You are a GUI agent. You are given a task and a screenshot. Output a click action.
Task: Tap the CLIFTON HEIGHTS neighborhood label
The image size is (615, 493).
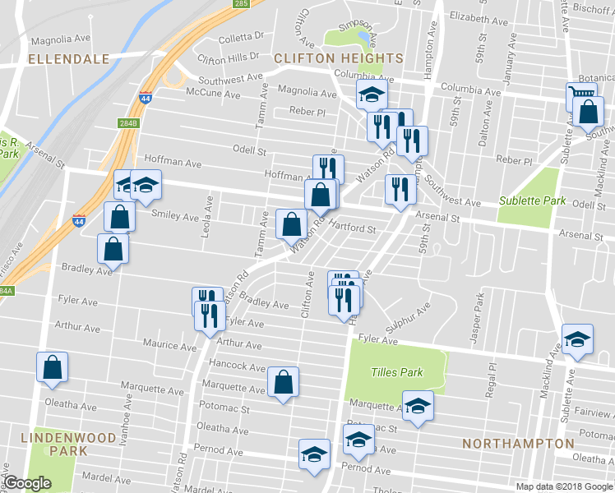pos(339,58)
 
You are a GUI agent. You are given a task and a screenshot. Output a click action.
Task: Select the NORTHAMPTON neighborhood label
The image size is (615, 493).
pos(518,443)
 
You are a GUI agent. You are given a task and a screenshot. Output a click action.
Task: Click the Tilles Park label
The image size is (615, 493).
pos(397,372)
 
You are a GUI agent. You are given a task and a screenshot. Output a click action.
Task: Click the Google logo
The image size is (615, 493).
pos(27,483)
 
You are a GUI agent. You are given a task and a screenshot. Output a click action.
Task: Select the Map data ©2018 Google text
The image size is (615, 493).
pos(563,486)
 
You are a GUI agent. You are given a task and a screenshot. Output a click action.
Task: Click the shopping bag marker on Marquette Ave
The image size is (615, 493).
pos(283,382)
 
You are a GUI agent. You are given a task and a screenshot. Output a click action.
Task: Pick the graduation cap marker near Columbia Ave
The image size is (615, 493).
pos(372,95)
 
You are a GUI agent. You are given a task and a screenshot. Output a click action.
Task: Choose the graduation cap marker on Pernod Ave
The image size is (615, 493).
pos(314,457)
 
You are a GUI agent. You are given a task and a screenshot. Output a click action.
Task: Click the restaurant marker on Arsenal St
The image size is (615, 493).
pos(400,191)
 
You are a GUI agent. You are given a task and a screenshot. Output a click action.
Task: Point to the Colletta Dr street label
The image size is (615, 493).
pos(241,36)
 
